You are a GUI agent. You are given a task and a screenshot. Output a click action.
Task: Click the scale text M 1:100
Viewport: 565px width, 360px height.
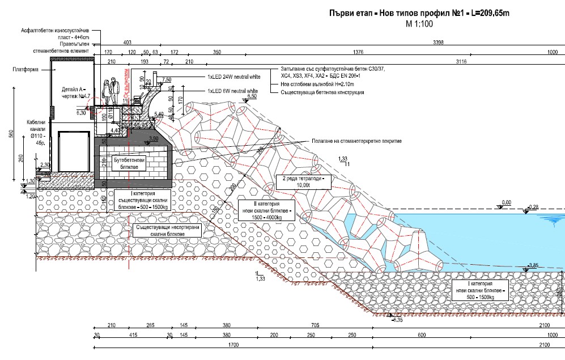point(419,24)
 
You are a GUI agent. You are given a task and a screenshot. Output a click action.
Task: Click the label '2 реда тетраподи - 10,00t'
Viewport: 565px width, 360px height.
point(302,181)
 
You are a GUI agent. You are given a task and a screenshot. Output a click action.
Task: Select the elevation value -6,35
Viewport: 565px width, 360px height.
point(397,321)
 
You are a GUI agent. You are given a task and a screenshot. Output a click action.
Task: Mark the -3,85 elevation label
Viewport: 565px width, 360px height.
point(533,265)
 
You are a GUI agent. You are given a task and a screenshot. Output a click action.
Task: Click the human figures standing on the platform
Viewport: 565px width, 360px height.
point(109,91)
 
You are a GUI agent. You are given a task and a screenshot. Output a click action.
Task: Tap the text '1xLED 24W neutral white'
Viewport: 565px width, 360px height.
point(232,76)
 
